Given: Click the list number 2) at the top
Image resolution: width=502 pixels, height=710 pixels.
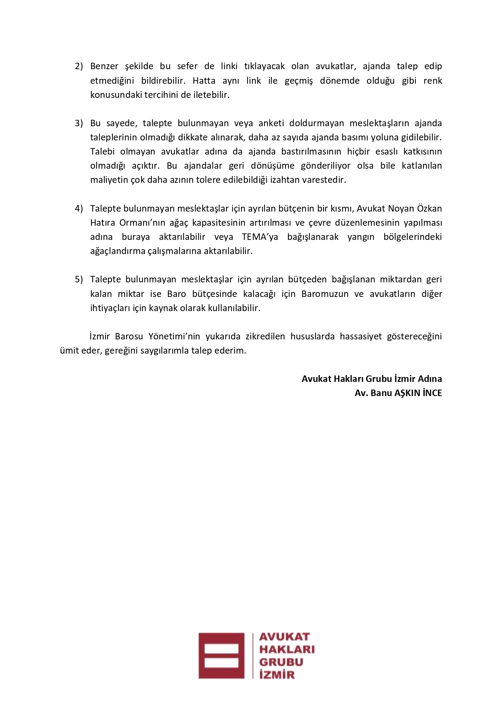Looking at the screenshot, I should [78, 66].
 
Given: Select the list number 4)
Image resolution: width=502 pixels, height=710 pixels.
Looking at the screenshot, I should [78, 209].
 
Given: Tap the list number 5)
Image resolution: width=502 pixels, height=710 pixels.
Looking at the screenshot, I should [78, 280].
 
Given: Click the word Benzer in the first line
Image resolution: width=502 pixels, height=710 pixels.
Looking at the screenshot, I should [104, 66].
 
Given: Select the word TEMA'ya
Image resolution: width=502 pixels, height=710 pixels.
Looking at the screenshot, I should [260, 237].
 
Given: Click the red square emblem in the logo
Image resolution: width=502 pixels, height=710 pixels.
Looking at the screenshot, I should [221, 656].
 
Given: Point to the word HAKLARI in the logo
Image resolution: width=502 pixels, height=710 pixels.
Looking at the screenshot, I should [286, 649].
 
